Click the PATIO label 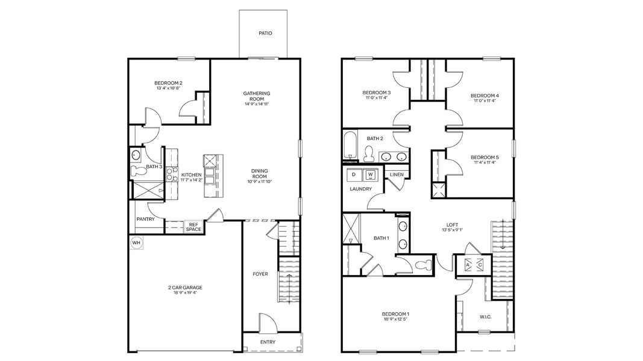point(265,33)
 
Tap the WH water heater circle point(136,242)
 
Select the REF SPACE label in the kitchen point(193,226)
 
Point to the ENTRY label point(268,342)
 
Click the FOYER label point(260,274)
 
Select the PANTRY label point(145,219)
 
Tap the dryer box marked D point(354,174)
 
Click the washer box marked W point(371,174)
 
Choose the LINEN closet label point(396,174)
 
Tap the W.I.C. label point(485,317)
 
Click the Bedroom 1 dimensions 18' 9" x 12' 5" point(395,319)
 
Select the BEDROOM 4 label point(485,96)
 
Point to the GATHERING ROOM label point(257,96)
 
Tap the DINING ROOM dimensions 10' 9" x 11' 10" point(260,182)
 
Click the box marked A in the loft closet point(468,265)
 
